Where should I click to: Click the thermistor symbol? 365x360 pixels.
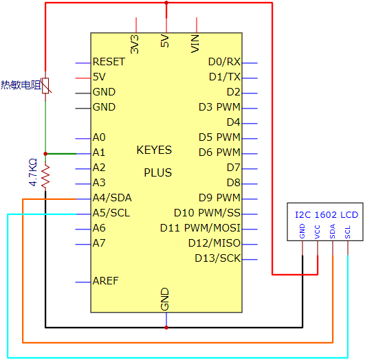(45, 86)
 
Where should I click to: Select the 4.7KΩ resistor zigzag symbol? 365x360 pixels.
(45, 176)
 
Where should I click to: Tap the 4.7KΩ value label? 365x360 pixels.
(33, 172)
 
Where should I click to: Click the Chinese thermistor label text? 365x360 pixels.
(21, 85)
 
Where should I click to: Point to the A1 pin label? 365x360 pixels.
(99, 153)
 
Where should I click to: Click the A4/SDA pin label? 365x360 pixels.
(112, 198)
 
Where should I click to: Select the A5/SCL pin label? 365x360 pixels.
(111, 213)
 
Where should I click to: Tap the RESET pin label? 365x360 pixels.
(109, 62)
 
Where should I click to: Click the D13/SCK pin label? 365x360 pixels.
(217, 258)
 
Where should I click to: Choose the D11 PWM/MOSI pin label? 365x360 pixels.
(200, 228)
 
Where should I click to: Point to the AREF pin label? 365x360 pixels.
(105, 281)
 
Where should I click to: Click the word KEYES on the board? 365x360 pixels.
(154, 150)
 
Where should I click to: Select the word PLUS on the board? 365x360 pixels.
(158, 172)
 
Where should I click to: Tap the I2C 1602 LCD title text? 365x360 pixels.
(327, 214)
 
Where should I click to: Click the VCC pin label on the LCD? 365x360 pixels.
(317, 232)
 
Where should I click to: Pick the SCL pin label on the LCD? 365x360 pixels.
(348, 232)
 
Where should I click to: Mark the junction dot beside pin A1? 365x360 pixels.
(45, 154)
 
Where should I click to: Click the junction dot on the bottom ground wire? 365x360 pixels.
(166, 328)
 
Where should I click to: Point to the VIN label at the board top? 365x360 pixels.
(195, 44)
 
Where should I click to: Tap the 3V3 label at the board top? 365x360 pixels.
(135, 44)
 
